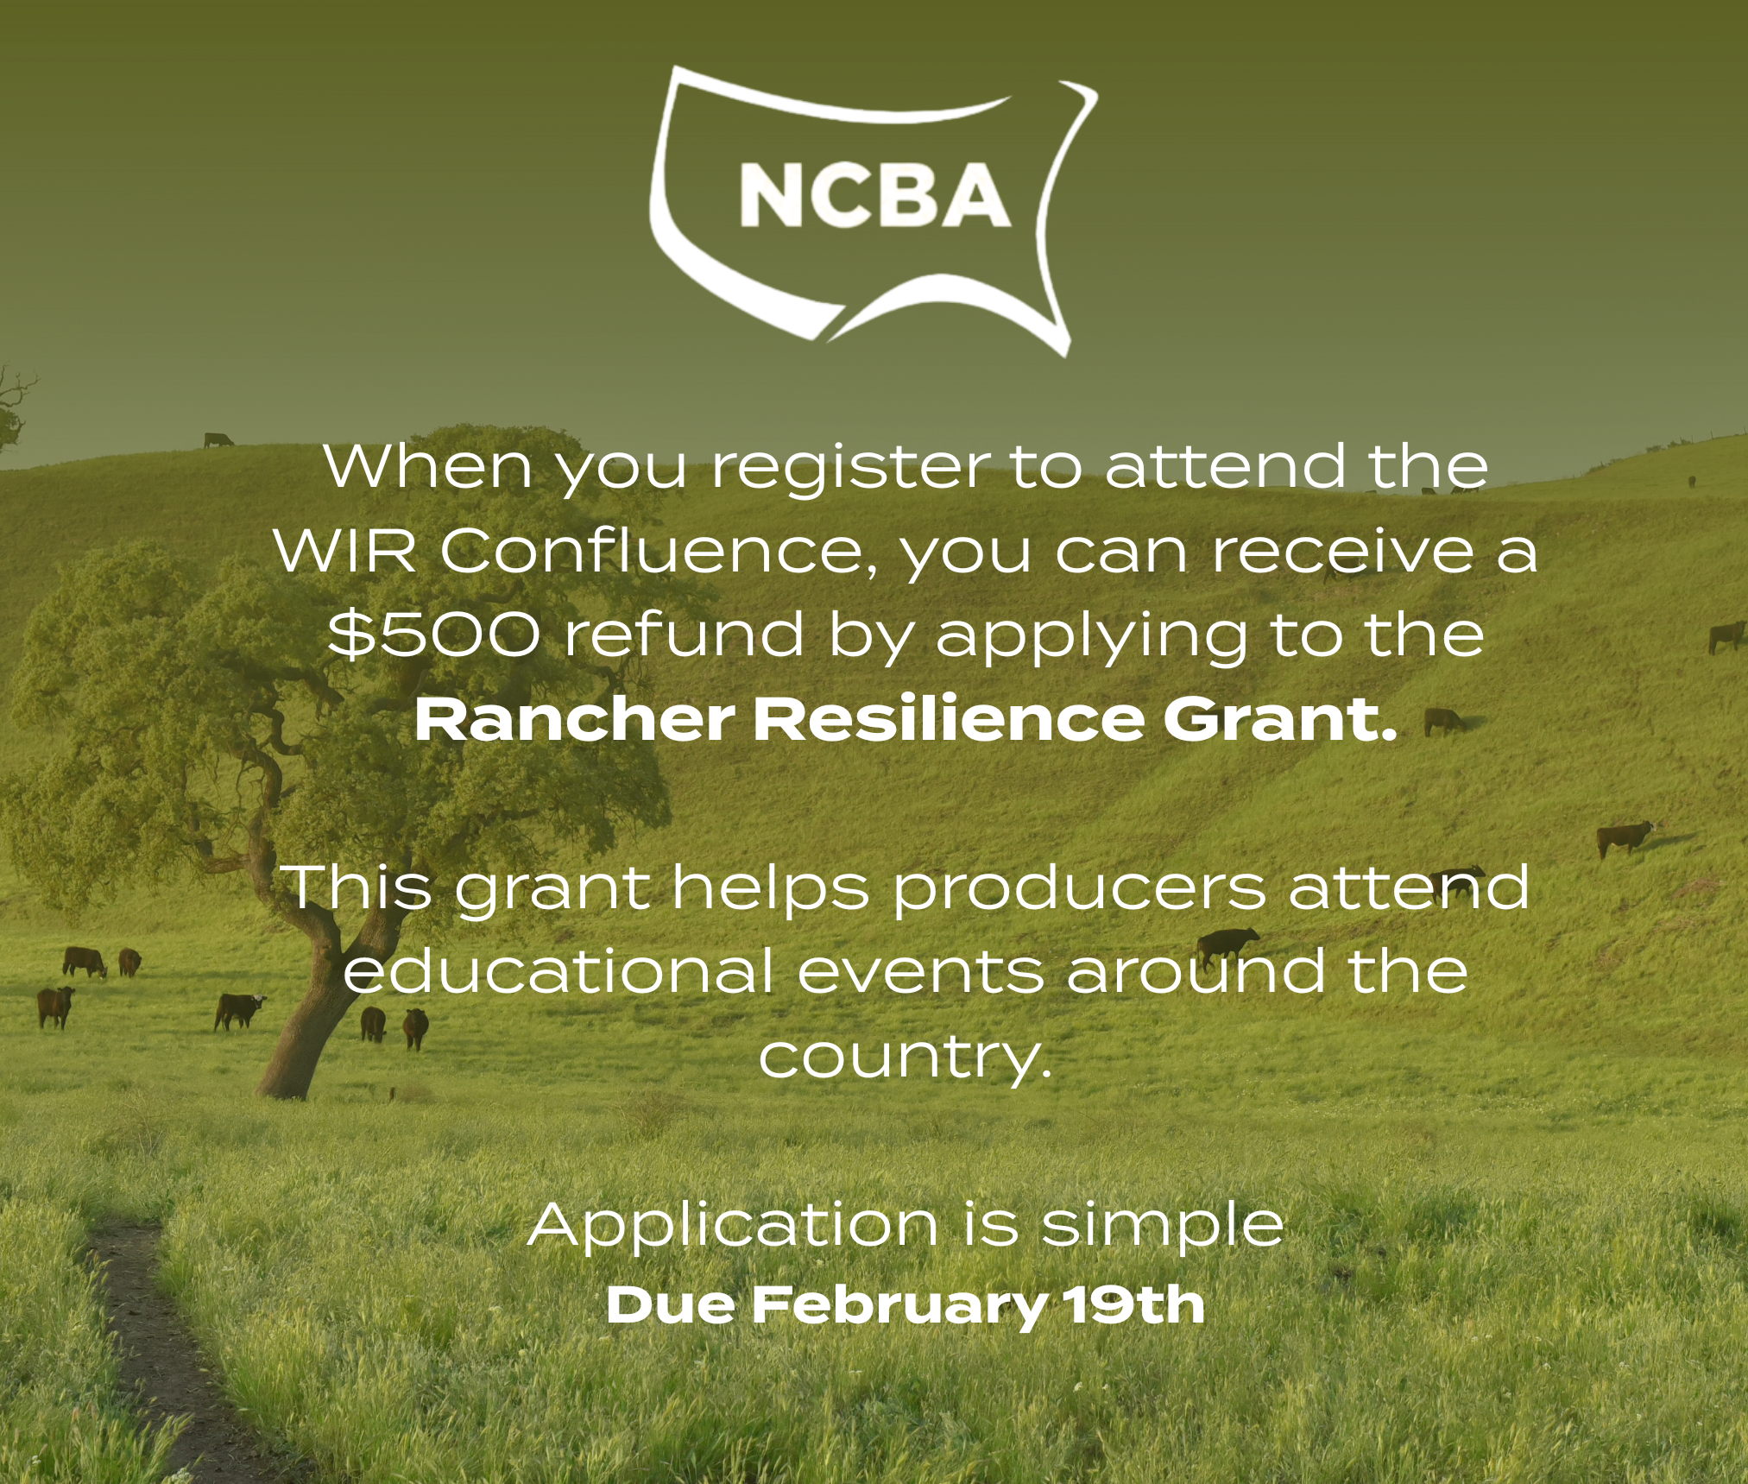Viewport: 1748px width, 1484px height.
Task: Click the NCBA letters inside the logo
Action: click(x=874, y=197)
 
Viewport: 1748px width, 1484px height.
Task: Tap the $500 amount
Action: click(x=434, y=635)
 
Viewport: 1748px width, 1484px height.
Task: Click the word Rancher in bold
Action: click(x=573, y=720)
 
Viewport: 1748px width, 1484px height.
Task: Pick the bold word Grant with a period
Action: click(x=1278, y=720)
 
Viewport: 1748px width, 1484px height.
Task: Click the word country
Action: click(x=906, y=1057)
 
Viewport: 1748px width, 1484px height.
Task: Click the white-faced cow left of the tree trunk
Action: click(x=238, y=1009)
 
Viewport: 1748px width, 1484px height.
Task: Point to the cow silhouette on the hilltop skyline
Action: click(x=218, y=440)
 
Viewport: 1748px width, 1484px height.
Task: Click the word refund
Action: click(x=684, y=635)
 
